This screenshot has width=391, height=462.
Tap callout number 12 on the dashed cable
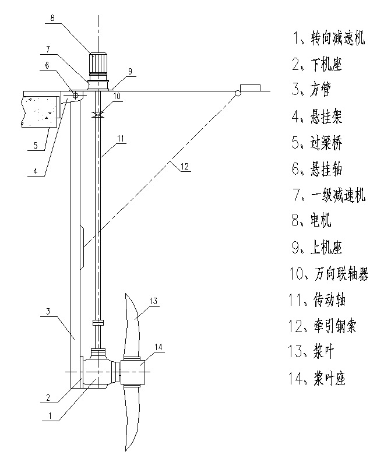click(x=184, y=166)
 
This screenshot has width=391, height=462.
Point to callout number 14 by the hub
click(x=158, y=347)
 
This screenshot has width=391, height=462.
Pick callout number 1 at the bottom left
click(x=51, y=416)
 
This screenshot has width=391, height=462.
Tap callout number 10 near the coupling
click(x=117, y=96)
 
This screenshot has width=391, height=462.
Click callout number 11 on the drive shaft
click(x=121, y=138)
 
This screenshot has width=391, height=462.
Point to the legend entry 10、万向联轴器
click(x=329, y=273)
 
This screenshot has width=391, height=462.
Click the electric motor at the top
click(x=97, y=62)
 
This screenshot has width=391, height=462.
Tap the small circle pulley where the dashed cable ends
click(x=238, y=94)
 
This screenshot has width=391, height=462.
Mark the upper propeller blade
click(x=133, y=323)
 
